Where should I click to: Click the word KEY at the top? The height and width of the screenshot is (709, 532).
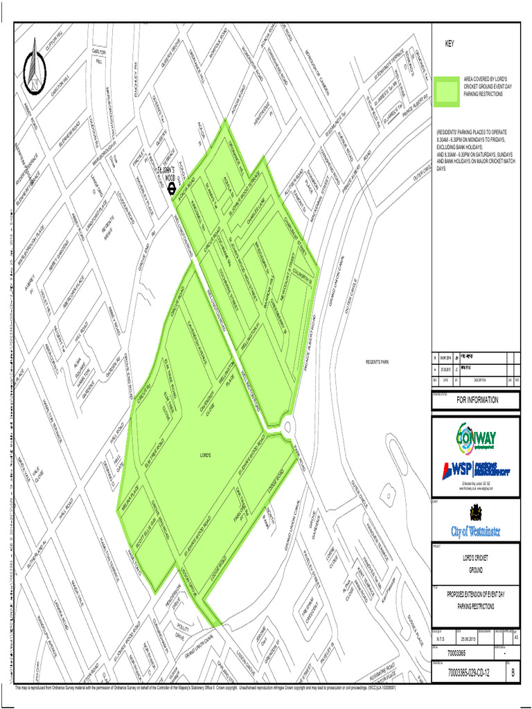(450, 44)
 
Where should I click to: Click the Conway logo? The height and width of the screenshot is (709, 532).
(475, 438)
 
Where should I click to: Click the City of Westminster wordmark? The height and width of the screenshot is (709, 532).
(475, 532)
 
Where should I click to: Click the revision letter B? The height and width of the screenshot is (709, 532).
(513, 672)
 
